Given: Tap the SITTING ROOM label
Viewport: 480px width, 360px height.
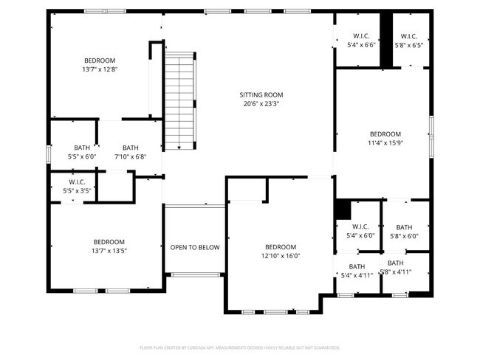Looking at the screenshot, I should click(261, 94).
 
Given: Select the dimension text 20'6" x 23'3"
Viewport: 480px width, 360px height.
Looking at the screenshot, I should click(261, 104).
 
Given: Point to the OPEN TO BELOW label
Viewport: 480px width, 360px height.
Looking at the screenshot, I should click(195, 247).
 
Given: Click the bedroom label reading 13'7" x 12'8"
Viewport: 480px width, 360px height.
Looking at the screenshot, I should click(100, 65).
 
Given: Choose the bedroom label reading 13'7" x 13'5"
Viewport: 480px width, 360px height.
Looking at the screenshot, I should click(109, 246).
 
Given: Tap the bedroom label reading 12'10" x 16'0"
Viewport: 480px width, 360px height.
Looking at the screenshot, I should click(281, 252).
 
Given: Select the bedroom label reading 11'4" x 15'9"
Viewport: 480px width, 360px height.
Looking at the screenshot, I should click(385, 138).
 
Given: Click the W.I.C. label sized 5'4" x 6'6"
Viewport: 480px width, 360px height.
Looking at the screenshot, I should click(361, 41).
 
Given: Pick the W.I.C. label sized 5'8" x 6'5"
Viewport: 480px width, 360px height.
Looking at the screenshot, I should click(409, 41).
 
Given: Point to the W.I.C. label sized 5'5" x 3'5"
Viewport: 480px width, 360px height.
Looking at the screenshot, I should click(78, 187).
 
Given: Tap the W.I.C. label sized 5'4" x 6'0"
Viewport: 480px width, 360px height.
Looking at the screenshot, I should click(360, 231).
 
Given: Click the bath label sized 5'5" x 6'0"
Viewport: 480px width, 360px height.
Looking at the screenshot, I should click(81, 152).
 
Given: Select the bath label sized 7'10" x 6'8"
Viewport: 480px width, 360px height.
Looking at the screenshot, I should click(130, 152).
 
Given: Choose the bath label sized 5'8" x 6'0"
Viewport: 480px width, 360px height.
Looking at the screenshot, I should click(404, 232).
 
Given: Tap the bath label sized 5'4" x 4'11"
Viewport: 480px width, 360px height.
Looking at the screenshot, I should click(357, 271).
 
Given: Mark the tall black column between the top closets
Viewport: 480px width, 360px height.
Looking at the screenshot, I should click(385, 41).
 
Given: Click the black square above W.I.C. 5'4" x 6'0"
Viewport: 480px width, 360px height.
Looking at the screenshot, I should click(342, 209).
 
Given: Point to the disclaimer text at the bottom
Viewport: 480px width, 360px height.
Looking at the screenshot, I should click(239, 347).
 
